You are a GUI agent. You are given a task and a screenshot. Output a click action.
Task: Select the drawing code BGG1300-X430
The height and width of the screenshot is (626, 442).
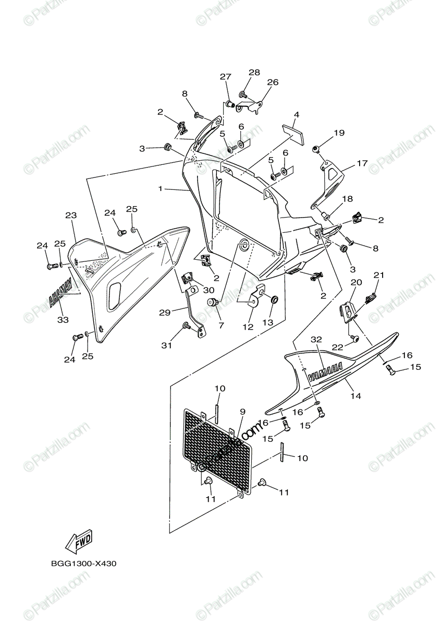(x=83, y=563)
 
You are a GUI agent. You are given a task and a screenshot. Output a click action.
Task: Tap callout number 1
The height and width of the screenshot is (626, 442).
(x=161, y=188)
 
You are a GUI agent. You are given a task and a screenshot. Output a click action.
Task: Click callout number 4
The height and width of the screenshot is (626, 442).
(x=296, y=114)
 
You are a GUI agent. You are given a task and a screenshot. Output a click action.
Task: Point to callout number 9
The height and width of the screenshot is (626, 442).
(x=242, y=412)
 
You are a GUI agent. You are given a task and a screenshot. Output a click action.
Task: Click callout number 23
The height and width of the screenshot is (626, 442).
(x=71, y=215)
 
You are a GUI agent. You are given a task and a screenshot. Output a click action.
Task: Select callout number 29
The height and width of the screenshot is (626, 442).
(x=165, y=312)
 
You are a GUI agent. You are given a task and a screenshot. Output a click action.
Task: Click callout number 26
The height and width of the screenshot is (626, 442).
(x=273, y=82)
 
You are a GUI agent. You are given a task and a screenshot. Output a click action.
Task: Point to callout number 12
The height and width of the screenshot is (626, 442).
(x=247, y=327)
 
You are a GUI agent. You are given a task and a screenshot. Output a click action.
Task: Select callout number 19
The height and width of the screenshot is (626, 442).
(x=339, y=133)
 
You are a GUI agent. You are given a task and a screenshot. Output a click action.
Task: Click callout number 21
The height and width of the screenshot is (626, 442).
(x=378, y=275)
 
